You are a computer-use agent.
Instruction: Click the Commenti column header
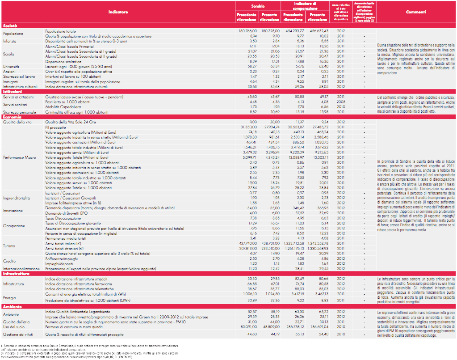click(415, 12)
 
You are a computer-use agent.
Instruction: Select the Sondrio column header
click(258, 6)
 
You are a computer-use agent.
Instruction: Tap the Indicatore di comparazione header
click(305, 6)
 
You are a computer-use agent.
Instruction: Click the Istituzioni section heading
click(13, 91)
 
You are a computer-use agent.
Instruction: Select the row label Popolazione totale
click(61, 31)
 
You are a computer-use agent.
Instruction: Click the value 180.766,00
click(247, 31)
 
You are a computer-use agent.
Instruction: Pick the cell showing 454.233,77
click(294, 31)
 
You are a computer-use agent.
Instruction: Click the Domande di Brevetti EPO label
click(67, 213)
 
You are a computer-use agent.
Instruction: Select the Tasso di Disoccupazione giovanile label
click(74, 223)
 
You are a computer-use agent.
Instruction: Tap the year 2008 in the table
click(340, 102)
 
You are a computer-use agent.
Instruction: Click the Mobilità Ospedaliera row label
click(63, 106)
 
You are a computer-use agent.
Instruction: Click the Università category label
click(11, 66)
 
